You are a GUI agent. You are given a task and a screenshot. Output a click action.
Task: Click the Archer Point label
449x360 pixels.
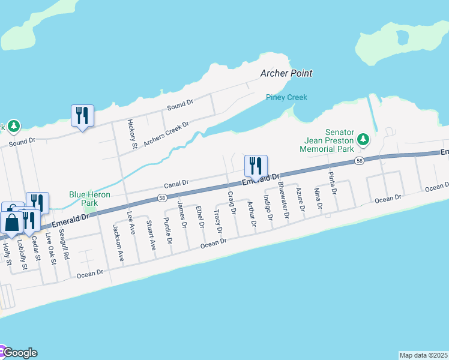(286, 73)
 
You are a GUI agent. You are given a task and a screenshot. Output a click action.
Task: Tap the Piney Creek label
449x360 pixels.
(286, 97)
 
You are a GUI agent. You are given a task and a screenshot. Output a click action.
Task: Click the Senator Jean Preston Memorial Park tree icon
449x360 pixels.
(363, 140)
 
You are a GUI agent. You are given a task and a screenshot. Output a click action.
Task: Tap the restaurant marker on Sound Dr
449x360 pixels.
(82, 115)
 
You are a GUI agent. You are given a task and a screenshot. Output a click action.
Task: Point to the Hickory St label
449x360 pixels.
(133, 133)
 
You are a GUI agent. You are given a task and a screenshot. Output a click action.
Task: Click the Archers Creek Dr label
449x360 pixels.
(166, 133)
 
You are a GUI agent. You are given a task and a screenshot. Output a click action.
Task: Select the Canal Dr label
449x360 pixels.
(177, 182)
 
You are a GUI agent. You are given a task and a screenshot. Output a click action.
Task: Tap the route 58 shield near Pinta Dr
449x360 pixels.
(359, 161)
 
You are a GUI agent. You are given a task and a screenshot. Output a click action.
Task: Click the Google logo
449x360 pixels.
(19, 353)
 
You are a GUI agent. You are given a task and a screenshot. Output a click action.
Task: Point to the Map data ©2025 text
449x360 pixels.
(423, 355)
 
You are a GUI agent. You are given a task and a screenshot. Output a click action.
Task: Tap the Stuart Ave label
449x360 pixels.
(150, 235)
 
